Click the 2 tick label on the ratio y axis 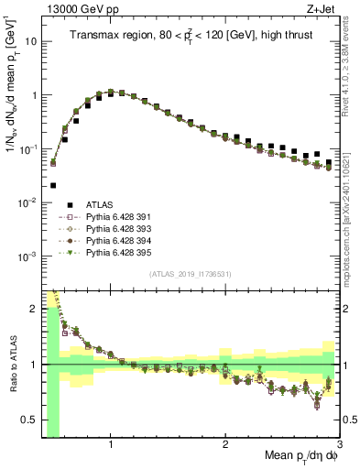click(33, 309)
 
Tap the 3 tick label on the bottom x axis click(339, 444)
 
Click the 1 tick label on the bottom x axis click(111, 444)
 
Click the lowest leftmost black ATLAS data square click(53, 184)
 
